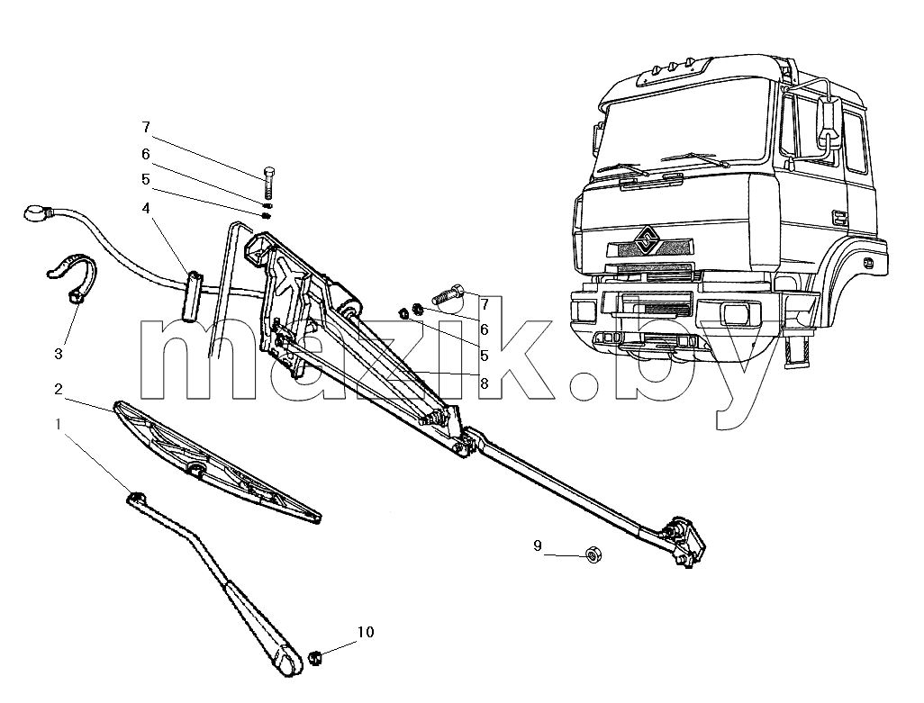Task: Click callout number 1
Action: click(x=58, y=424)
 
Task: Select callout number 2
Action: click(x=58, y=389)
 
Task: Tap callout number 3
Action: click(x=58, y=354)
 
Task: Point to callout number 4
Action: click(x=146, y=209)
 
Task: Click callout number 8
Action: click(x=484, y=383)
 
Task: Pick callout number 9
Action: click(x=538, y=545)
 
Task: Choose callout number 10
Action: click(x=366, y=633)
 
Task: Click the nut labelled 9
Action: click(x=593, y=554)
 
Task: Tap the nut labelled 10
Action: click(x=315, y=657)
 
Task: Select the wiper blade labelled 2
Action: click(x=217, y=462)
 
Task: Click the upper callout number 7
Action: click(x=146, y=127)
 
